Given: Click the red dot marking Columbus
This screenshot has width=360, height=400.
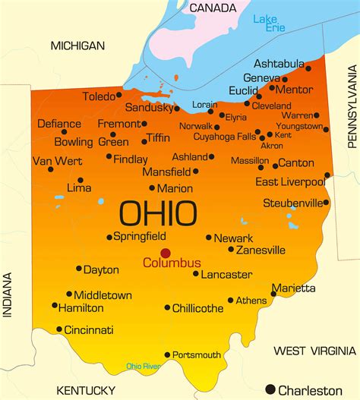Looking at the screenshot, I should click(165, 254).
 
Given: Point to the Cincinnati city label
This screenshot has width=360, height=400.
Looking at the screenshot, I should click(88, 330).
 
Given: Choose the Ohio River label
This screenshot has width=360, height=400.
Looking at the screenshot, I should click(144, 367).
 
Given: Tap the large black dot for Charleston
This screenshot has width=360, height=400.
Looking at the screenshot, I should click(270, 389).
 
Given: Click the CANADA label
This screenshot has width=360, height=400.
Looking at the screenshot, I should click(212, 8).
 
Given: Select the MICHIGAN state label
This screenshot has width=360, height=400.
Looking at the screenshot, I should click(77, 46).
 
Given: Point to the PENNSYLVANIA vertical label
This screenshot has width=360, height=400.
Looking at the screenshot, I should click(351, 106).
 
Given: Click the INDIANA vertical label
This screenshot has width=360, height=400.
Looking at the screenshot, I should click(8, 297).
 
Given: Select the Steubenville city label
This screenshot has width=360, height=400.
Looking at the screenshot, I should click(292, 203).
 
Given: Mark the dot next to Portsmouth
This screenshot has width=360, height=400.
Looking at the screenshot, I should click(168, 354).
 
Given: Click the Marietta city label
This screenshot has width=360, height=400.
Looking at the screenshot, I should click(295, 288).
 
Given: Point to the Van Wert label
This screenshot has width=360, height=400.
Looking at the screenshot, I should click(58, 160).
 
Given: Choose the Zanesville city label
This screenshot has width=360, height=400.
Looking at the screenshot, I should click(261, 250).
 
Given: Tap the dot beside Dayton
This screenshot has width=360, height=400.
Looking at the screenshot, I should click(78, 269).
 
